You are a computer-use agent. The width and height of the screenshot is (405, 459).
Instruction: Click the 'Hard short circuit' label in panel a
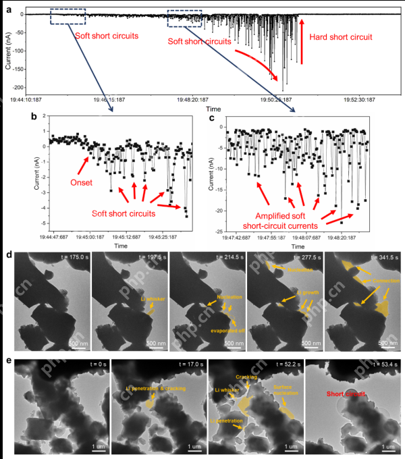(x=344, y=38)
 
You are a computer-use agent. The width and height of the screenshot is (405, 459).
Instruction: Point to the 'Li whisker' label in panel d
(x=151, y=298)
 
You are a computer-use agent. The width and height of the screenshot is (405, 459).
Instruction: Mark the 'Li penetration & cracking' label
(x=157, y=388)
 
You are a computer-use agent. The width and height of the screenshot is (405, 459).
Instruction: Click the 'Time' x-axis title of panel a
(x=213, y=108)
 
